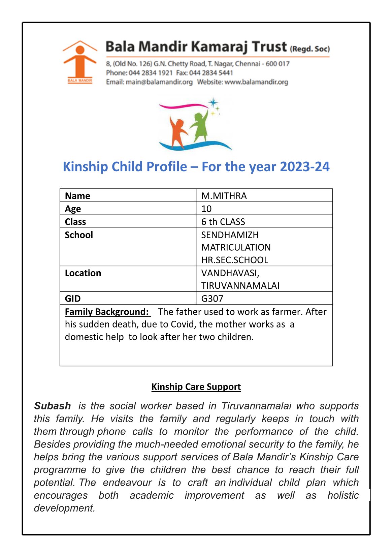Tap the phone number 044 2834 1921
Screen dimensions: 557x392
[151, 73]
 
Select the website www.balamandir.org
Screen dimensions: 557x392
[256, 82]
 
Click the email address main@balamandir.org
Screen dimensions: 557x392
[159, 82]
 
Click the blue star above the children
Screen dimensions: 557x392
[213, 102]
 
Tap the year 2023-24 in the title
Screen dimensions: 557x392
[304, 167]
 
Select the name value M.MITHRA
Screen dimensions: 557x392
[224, 196]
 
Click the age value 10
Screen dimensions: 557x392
[206, 209]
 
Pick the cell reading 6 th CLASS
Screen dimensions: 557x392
[223, 222]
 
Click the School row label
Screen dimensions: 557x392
[79, 235]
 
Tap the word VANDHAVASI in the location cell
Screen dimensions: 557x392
[230, 273]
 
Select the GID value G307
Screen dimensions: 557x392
[212, 299]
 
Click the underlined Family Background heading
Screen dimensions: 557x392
[107, 312]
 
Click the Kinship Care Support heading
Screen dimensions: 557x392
[196, 386]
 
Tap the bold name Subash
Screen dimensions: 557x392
[52, 406]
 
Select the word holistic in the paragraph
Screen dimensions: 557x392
[343, 495]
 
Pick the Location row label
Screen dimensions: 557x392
[83, 273]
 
